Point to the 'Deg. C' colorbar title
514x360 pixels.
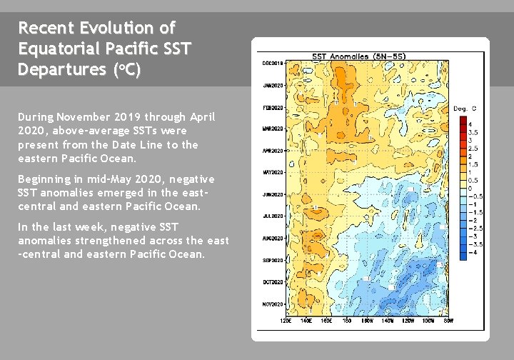pyautogui.click(x=465, y=109)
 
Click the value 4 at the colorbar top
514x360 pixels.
pyautogui.click(x=470, y=124)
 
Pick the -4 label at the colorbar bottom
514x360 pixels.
pyautogui.click(x=472, y=253)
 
